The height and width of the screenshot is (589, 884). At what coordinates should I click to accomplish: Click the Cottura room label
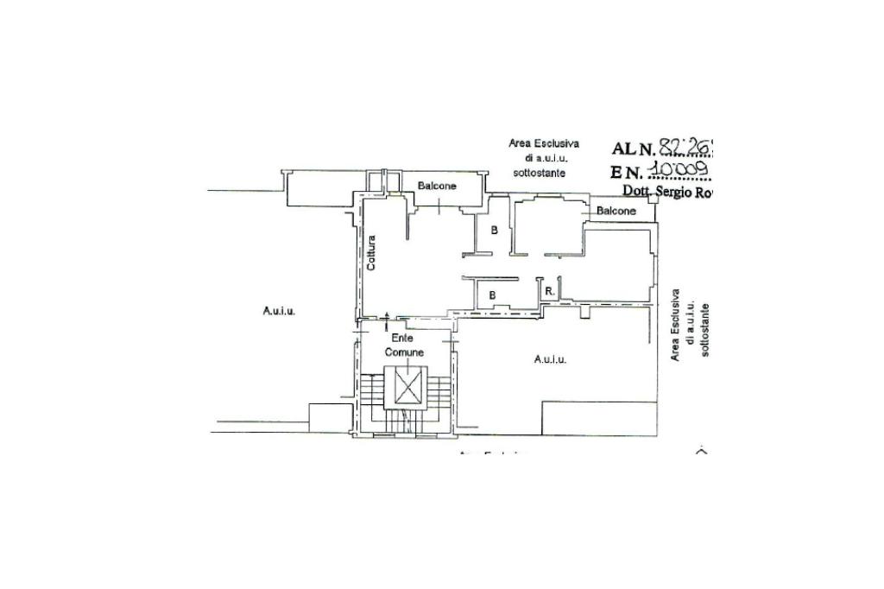click(x=370, y=254)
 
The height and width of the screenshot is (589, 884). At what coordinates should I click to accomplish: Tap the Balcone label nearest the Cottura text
click(x=437, y=186)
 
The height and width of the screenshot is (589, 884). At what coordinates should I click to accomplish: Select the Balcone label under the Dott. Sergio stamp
click(x=616, y=211)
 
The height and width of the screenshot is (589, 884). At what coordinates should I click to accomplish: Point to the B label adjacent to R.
click(x=493, y=294)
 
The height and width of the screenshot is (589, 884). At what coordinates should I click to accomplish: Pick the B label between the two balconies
click(x=494, y=231)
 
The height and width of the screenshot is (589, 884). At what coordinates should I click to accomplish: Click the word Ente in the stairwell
click(x=402, y=338)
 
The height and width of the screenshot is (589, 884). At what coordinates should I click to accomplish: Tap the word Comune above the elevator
click(x=404, y=352)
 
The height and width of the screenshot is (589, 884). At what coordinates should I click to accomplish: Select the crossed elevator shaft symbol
click(x=406, y=386)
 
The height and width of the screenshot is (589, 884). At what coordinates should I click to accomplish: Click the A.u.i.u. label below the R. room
click(x=550, y=359)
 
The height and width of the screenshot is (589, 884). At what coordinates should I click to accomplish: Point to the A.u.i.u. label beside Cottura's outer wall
click(x=279, y=311)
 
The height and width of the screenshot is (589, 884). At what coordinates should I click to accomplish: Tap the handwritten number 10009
click(x=683, y=169)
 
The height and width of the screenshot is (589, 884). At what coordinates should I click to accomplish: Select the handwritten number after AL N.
click(x=688, y=148)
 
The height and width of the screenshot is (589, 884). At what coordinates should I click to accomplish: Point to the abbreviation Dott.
click(x=639, y=191)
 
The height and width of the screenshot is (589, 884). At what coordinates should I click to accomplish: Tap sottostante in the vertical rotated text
click(x=705, y=331)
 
